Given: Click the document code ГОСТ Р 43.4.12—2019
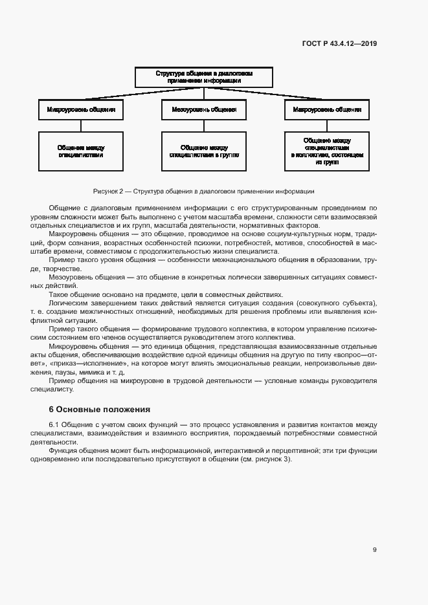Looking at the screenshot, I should click(339, 44).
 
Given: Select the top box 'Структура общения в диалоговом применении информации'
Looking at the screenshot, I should click(203, 77).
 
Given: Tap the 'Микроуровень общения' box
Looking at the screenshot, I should click(81, 110).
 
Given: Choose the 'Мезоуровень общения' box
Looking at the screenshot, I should click(203, 110).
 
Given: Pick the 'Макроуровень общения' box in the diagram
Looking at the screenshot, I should click(326, 110).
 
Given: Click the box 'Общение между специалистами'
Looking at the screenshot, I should click(81, 151).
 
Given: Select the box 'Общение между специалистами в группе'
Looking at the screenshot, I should click(203, 151).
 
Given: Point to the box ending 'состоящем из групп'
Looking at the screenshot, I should click(326, 151).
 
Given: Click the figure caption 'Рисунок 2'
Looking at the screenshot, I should click(107, 192).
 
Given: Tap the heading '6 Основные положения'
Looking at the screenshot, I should click(100, 410).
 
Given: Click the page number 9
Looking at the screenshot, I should click(375, 550).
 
